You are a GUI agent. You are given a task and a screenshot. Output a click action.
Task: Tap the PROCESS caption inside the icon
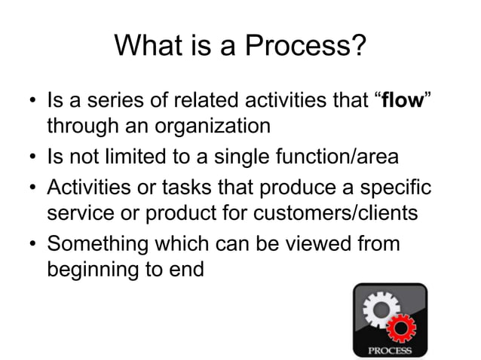pos(390,350)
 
